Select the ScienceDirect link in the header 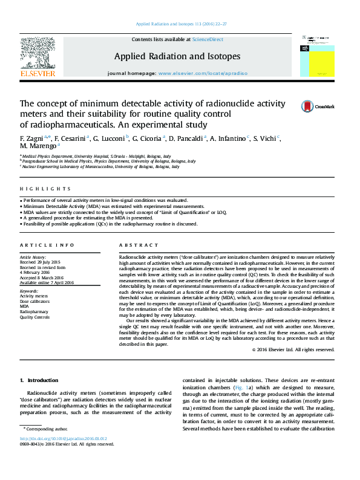click(x=208, y=39)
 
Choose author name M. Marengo click(x=39, y=146)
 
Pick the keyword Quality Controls click(x=35, y=316)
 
